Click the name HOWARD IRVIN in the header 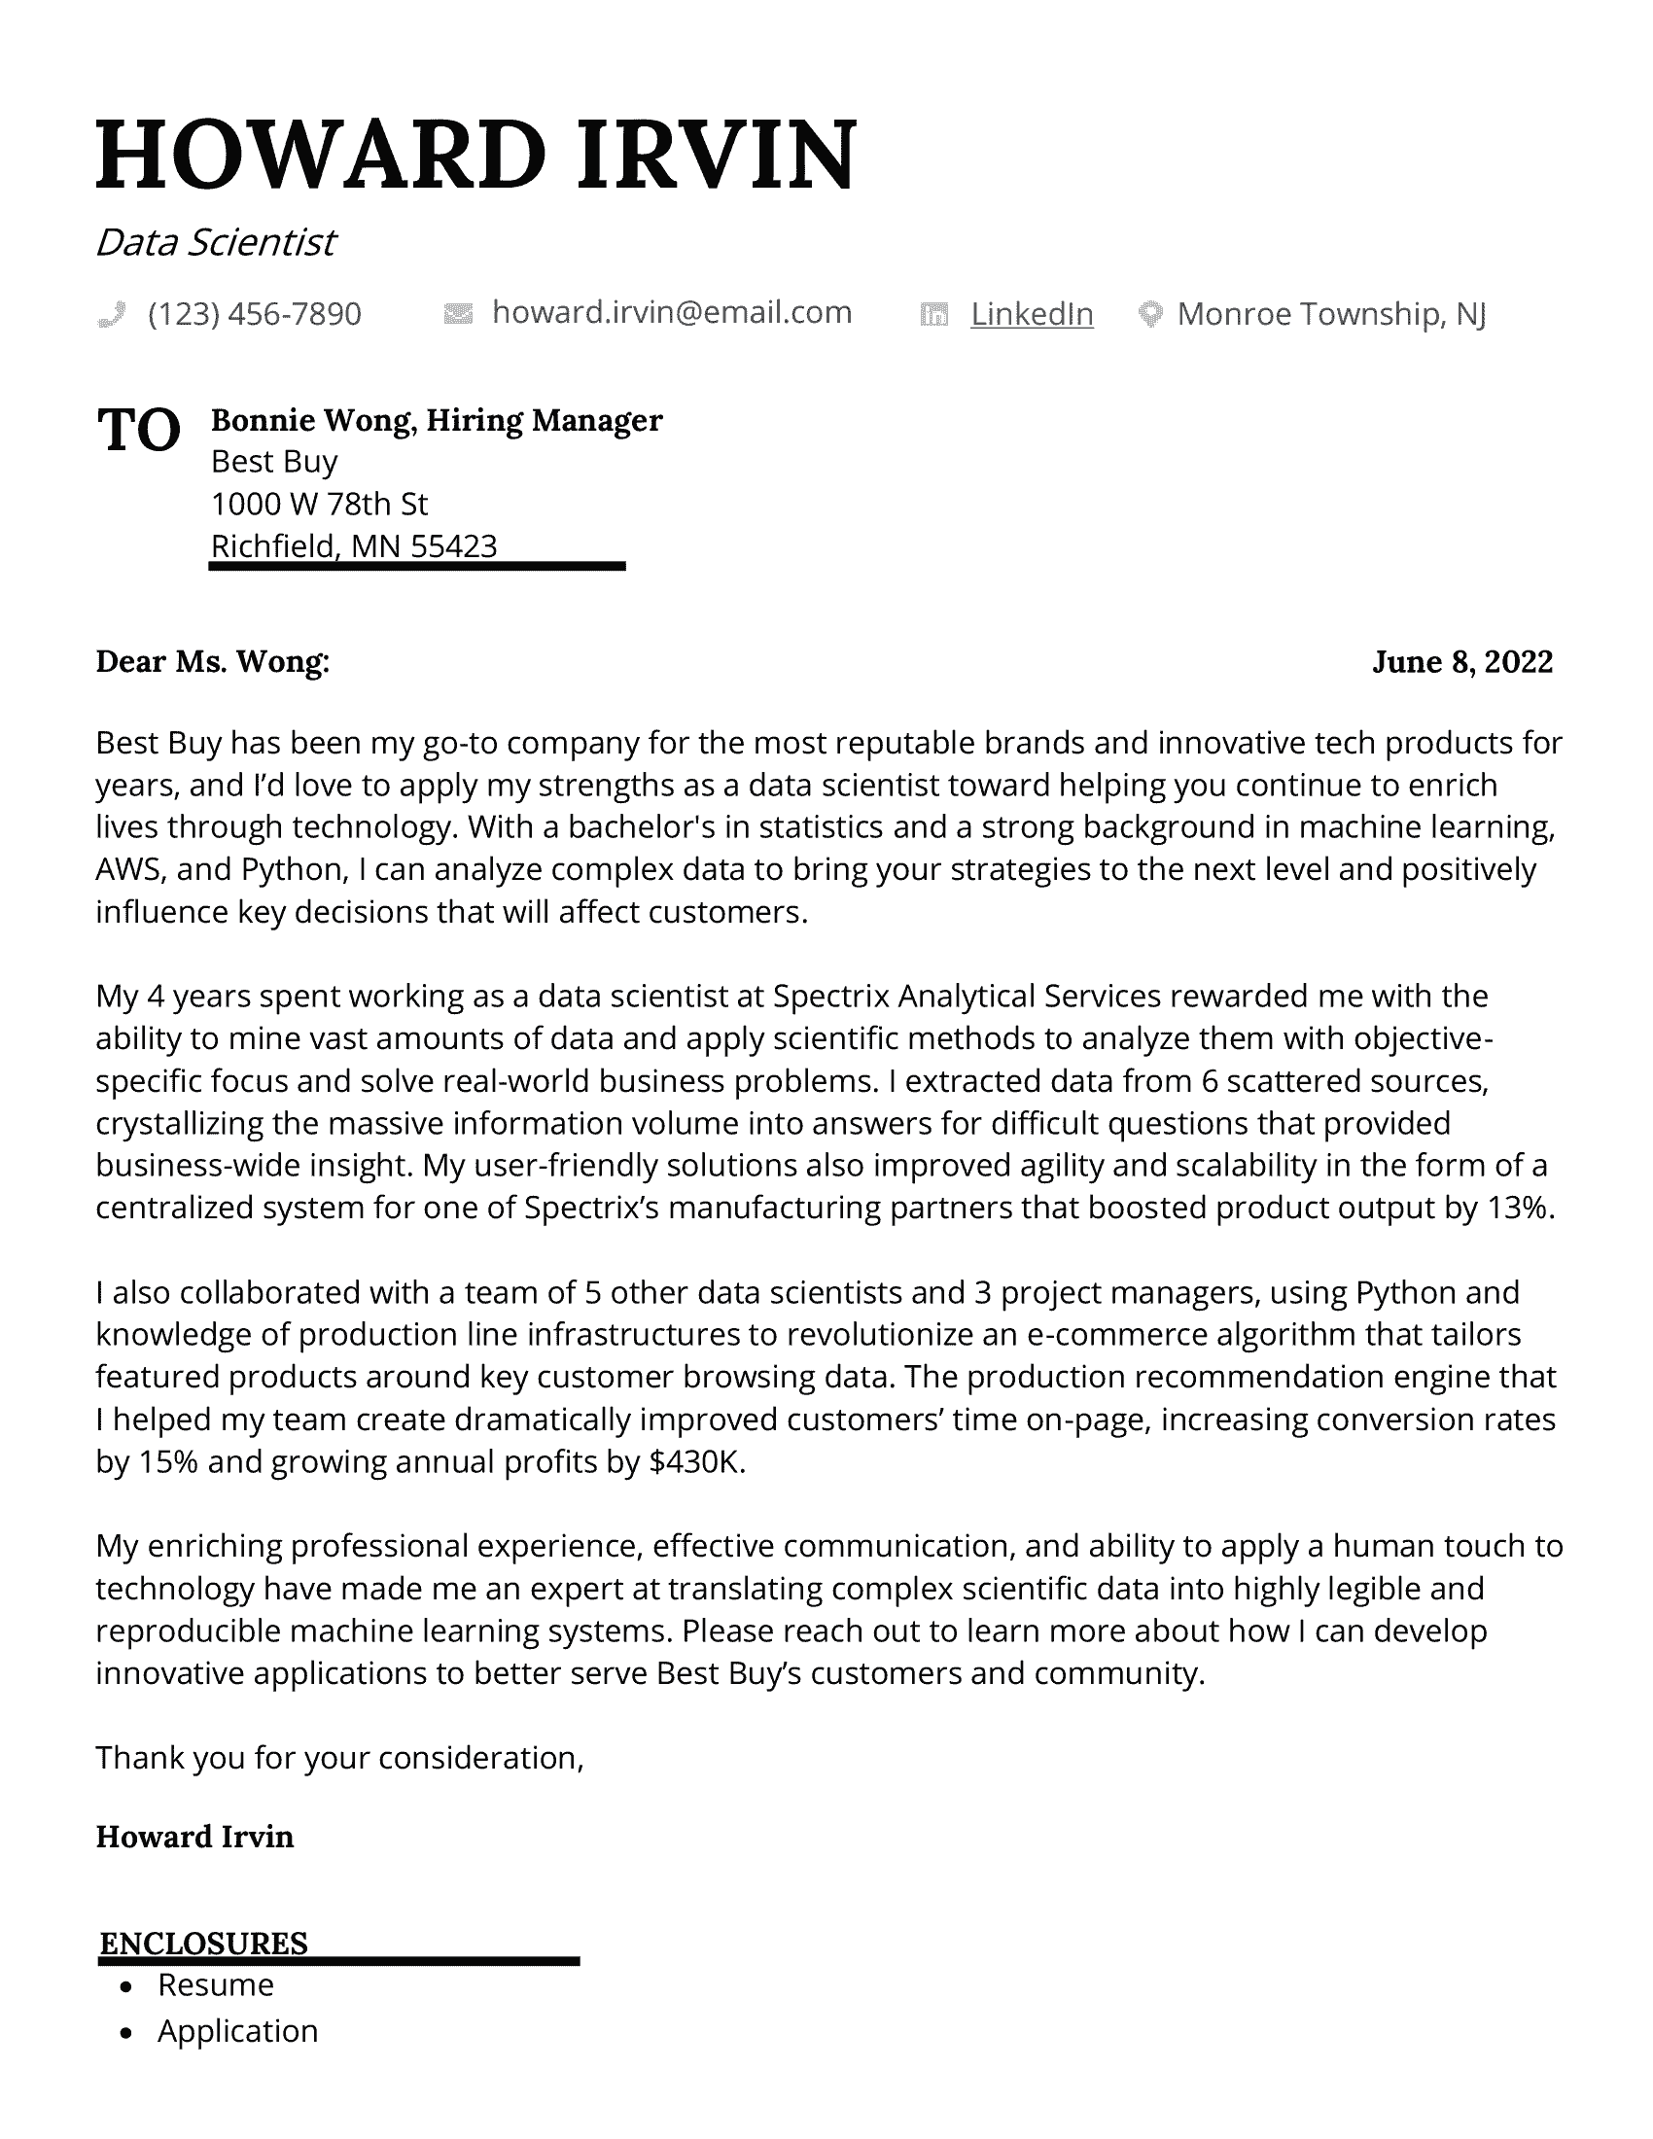coord(475,154)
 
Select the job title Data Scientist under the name coord(216,242)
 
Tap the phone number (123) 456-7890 coord(255,313)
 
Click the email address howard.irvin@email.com coord(672,312)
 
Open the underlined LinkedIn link coord(1031,313)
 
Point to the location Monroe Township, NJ coord(1331,313)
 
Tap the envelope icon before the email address coord(458,313)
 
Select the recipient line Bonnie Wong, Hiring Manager coord(437,420)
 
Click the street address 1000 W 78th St coord(319,504)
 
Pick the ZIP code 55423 coord(453,545)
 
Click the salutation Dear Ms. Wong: coord(213,662)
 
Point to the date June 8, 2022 coord(1462,662)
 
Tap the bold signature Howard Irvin coord(194,1837)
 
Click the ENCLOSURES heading coord(203,1944)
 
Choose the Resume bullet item coord(216,1985)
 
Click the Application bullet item coord(238,2031)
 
